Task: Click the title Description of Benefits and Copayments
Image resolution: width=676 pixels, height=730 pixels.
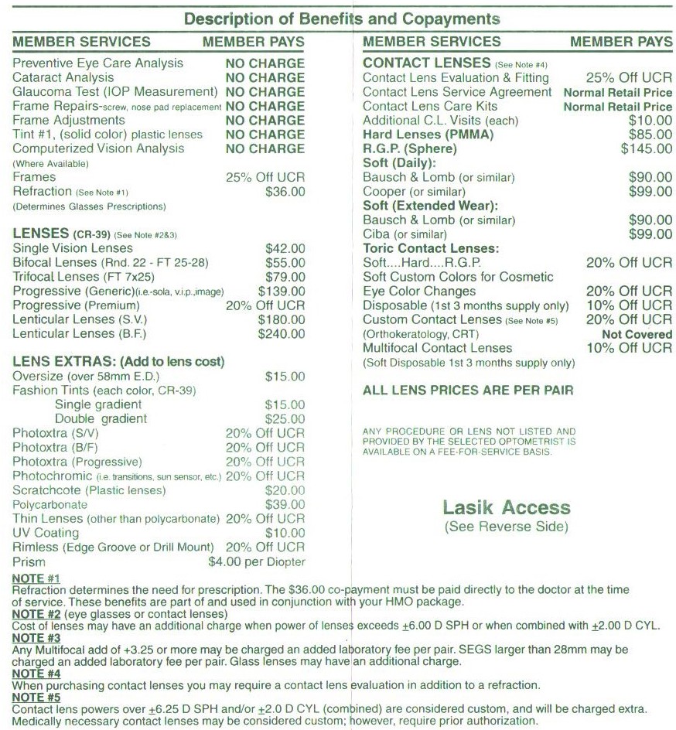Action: [x=341, y=18]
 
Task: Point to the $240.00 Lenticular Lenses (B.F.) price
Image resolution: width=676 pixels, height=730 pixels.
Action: [x=282, y=333]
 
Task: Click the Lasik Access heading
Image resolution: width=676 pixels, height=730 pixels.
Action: [x=507, y=508]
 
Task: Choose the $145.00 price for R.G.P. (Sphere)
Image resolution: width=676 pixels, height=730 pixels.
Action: [x=647, y=148]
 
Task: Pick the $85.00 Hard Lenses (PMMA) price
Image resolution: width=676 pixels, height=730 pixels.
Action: [x=650, y=135]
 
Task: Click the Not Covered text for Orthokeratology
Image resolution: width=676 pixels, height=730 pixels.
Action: [x=637, y=334]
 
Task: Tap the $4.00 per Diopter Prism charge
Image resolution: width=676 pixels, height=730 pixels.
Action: [x=257, y=562]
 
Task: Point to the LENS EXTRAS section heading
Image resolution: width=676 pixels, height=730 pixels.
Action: [x=118, y=362]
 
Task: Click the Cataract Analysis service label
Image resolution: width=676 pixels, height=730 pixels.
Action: [x=63, y=77]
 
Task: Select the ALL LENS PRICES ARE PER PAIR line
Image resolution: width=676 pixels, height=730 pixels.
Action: [x=468, y=391]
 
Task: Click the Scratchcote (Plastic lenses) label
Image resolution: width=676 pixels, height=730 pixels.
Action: [x=88, y=490]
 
